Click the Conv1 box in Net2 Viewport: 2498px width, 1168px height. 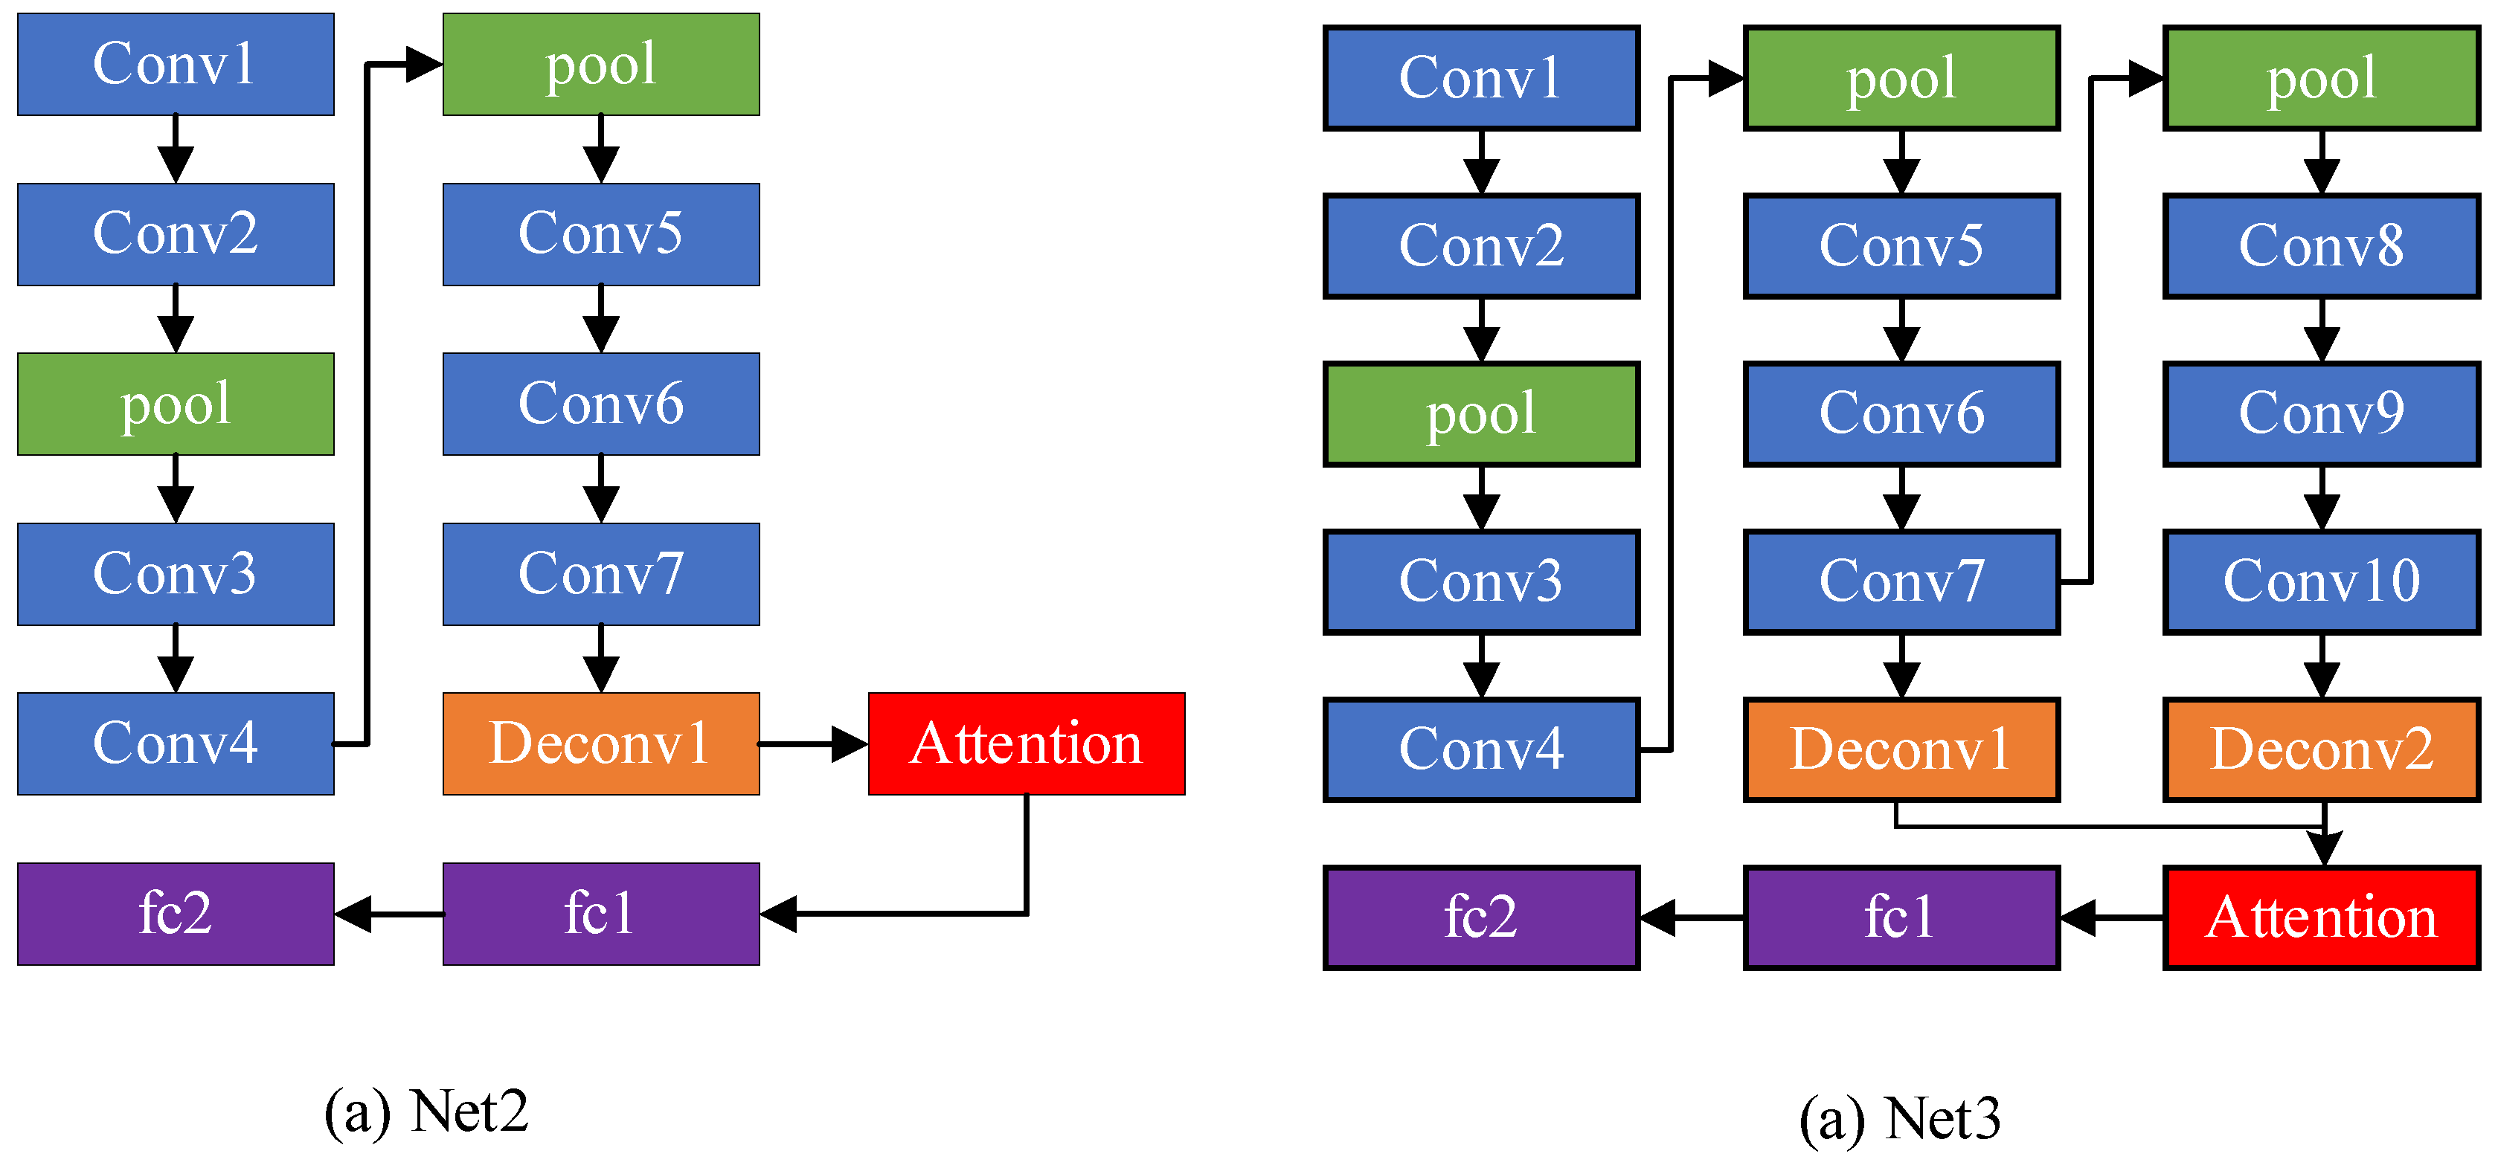[176, 64]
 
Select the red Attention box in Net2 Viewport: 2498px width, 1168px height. [1026, 743]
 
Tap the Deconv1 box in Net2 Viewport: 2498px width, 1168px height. [600, 743]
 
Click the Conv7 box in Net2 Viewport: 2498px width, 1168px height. [600, 574]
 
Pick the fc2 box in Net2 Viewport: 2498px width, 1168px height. [176, 913]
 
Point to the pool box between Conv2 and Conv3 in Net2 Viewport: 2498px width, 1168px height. [176, 403]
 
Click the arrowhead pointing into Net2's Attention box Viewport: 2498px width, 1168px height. [850, 744]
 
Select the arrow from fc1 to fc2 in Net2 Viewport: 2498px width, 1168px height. [388, 914]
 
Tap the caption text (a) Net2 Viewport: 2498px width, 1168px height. [427, 1111]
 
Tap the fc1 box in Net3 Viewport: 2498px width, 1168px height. [1901, 917]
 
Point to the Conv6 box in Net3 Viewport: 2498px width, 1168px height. [1901, 414]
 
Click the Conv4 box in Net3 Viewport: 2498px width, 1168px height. [1481, 749]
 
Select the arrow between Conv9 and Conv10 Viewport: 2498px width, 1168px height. [2322, 498]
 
